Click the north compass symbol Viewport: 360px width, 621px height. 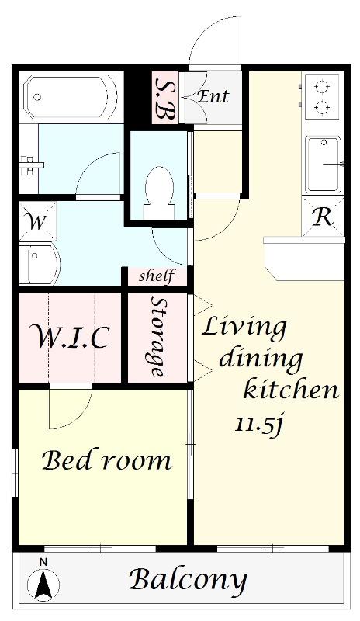43,579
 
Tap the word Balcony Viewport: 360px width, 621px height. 188,581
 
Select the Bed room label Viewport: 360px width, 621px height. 107,460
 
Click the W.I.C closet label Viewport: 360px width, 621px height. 72,337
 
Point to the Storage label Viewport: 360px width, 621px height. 157,337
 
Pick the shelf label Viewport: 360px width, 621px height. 157,276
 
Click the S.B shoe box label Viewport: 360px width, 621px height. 165,99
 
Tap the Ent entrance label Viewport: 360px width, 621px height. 213,96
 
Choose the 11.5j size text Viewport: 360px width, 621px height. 260,425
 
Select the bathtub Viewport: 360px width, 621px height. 71,98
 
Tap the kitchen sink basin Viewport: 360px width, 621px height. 324,165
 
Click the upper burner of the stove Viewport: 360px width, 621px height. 324,87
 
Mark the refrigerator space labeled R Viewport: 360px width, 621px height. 323,217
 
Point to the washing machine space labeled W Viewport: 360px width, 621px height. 37,222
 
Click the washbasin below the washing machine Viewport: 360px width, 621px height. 40,263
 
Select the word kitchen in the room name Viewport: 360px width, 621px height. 291,390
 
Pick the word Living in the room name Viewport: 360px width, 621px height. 244,328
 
